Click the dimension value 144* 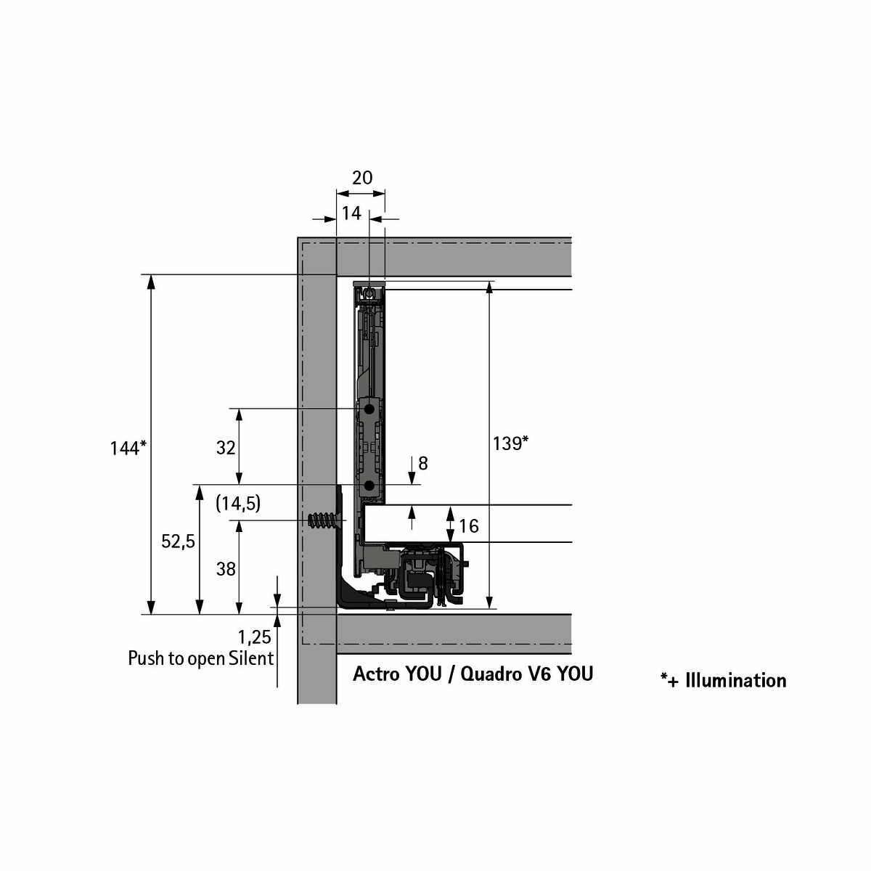[x=128, y=448]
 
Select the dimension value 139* [x=510, y=443]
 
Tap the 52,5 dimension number [x=178, y=541]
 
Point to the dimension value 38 [x=226, y=569]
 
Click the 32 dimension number [x=226, y=448]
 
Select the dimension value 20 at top [x=362, y=178]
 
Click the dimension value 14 [x=351, y=213]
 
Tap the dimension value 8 [x=423, y=463]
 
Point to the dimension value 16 [x=469, y=526]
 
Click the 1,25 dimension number [x=255, y=637]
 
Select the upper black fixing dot [x=369, y=409]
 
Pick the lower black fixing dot [x=369, y=486]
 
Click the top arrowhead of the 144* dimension [x=152, y=282]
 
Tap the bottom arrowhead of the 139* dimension [x=489, y=602]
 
